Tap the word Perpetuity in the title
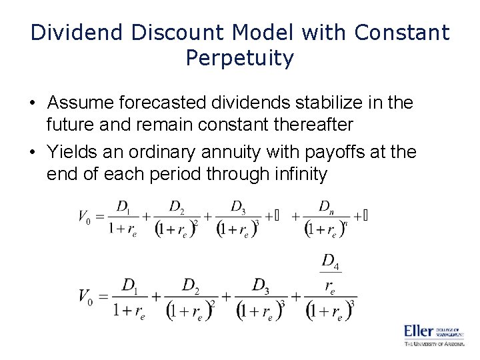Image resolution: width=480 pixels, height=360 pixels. pyautogui.click(x=240, y=59)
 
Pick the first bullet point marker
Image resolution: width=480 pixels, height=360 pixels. pyautogui.click(x=32, y=104)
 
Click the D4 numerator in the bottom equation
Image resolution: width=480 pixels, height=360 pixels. pyautogui.click(x=331, y=261)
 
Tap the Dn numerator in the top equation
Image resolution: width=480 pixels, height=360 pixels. pyautogui.click(x=326, y=206)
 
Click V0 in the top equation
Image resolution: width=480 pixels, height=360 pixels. pyautogui.click(x=84, y=216)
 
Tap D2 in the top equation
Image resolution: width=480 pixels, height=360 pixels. pyautogui.click(x=177, y=206)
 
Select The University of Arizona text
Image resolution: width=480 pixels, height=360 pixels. pyautogui.click(x=433, y=343)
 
